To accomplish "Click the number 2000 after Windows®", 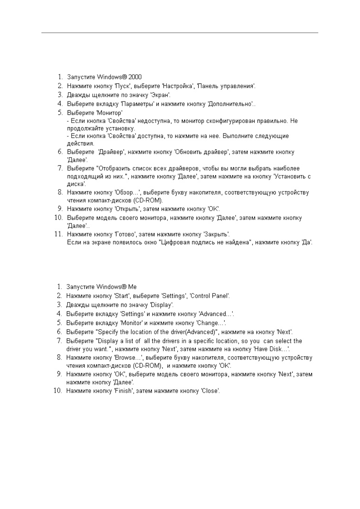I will tap(135, 77).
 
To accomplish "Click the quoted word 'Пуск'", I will tap(122, 86).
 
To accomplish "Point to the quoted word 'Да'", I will tap(307, 242).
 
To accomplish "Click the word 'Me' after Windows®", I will tap(132, 287).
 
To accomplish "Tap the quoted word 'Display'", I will tap(162, 305).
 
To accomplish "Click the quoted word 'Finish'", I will tap(124, 391).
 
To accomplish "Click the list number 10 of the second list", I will tap(58, 391).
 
